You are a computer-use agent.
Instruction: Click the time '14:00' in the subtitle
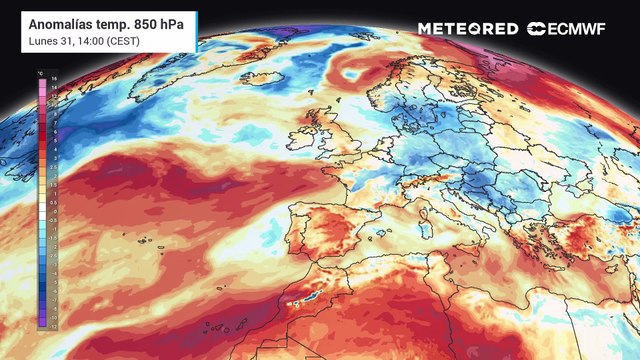[x=83, y=41]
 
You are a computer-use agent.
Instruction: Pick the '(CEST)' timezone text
[x=119, y=41]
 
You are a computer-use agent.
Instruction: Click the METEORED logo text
[x=468, y=29]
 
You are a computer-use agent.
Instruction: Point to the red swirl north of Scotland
[x=355, y=73]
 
